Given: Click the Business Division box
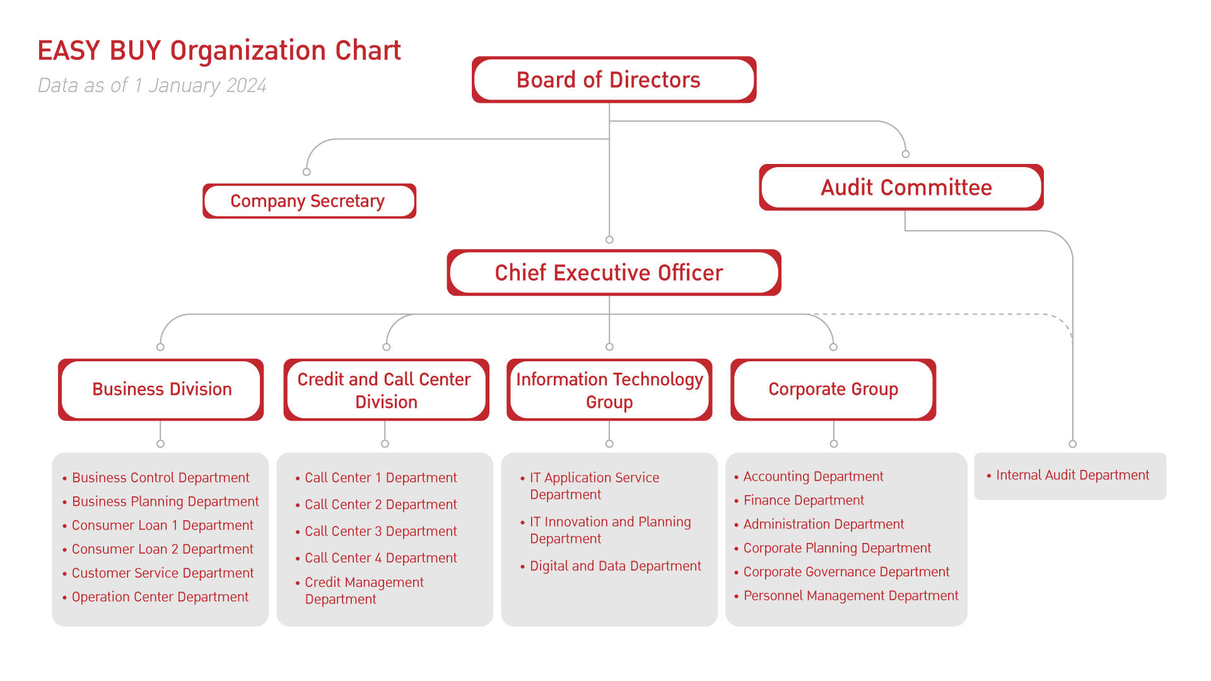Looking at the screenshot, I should coord(161,389).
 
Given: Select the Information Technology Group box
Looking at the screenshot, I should coord(609,390).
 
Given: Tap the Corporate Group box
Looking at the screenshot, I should coord(833,389).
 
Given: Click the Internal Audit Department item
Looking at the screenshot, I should coord(1072,475).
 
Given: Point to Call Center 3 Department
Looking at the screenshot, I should coord(380,531).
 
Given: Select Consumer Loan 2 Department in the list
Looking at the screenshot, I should coord(162,549).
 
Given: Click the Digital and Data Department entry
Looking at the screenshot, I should coord(615,566).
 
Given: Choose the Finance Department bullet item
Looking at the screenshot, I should coord(804,500).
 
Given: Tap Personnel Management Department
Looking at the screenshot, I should coord(850,595).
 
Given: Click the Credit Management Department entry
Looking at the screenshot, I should coord(364,590).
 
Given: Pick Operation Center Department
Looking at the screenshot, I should coord(160,597).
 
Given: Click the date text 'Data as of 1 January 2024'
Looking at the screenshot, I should coord(152,85).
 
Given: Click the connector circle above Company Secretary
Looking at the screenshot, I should coord(307,172).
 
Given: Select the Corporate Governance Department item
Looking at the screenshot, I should coord(846,571).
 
